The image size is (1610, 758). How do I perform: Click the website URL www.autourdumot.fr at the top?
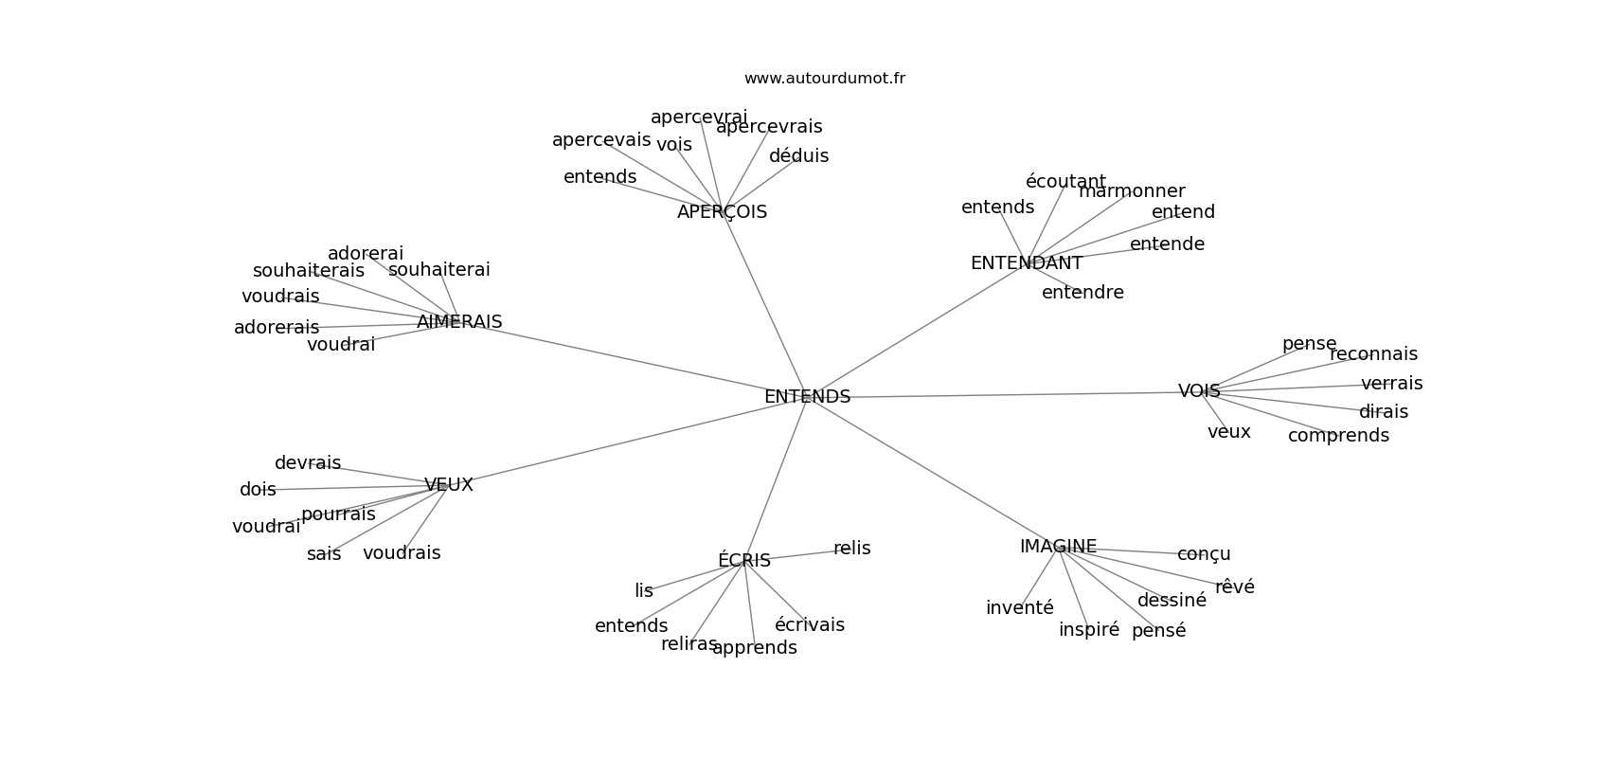click(x=824, y=79)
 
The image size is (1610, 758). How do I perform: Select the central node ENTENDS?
click(x=807, y=397)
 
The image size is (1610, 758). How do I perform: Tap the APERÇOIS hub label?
click(x=722, y=212)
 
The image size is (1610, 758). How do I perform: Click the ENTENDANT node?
click(x=1026, y=263)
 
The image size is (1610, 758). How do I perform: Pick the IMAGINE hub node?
click(x=1058, y=547)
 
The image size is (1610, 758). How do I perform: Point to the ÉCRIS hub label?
click(x=743, y=561)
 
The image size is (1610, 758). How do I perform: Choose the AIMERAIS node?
click(x=459, y=322)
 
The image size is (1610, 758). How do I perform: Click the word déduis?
click(x=798, y=156)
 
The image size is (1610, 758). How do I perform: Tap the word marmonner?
click(x=1132, y=191)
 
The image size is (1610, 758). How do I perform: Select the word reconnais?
click(x=1373, y=354)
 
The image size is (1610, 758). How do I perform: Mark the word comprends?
click(x=1338, y=436)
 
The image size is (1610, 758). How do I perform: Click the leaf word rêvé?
click(x=1234, y=587)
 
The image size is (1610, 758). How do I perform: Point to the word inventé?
click(x=1019, y=608)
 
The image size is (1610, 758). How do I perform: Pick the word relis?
click(x=851, y=549)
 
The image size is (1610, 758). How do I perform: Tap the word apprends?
click(x=755, y=648)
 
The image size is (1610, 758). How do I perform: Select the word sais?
click(x=324, y=554)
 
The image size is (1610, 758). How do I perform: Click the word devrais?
click(x=308, y=463)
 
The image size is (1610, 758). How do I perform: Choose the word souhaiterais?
click(x=308, y=271)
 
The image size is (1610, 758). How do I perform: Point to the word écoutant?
click(x=1065, y=182)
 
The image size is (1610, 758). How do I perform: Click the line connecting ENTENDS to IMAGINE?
click(x=933, y=472)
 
